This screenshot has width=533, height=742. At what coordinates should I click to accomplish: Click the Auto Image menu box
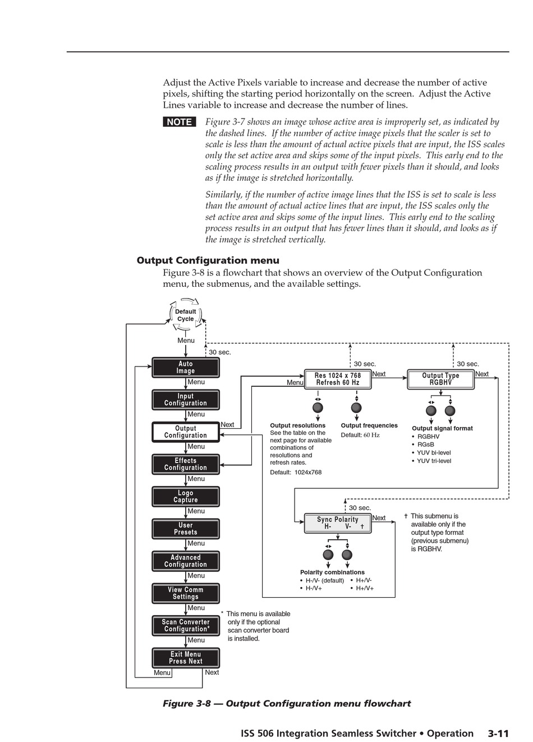click(186, 368)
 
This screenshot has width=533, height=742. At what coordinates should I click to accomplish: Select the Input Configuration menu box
click(186, 400)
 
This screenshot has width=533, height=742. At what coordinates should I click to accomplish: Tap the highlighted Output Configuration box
click(186, 432)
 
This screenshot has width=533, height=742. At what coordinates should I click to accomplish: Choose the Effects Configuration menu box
click(186, 464)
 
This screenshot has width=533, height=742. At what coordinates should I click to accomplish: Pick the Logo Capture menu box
click(186, 497)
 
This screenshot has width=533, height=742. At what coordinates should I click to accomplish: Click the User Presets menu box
click(186, 529)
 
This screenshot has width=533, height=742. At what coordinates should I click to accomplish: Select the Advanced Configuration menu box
click(186, 561)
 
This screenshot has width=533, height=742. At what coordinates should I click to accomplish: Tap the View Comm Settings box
click(186, 593)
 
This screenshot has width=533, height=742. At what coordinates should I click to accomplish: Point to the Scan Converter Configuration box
click(186, 626)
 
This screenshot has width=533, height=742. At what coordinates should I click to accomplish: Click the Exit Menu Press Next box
click(186, 658)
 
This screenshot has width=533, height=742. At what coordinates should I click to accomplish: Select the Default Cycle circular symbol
click(186, 315)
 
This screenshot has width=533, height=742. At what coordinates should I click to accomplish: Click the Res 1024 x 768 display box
click(338, 379)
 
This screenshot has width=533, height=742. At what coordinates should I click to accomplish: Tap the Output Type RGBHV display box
click(440, 379)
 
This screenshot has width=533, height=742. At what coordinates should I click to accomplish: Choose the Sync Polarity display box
click(338, 524)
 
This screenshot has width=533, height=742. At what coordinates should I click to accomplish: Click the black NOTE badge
click(180, 122)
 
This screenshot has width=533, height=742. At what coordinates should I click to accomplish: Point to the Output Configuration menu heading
click(208, 260)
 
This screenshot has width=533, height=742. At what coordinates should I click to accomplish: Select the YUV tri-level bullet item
click(433, 461)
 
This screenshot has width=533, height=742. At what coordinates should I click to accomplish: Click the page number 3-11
click(498, 734)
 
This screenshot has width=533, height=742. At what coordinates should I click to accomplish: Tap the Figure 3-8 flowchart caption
click(287, 704)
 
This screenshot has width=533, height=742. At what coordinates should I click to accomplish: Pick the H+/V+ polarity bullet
click(364, 589)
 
